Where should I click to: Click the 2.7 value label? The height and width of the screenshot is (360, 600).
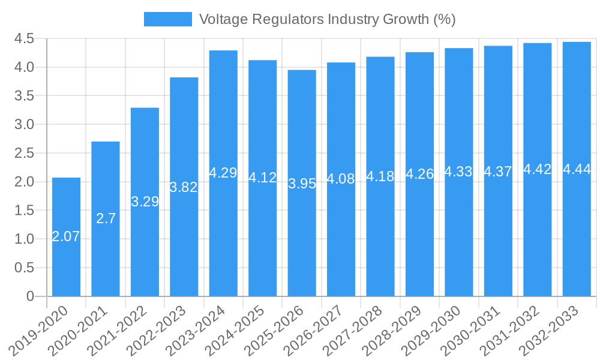click(x=106, y=218)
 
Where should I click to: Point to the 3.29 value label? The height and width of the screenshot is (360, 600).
click(x=145, y=202)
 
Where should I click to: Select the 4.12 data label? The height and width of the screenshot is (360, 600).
click(x=263, y=178)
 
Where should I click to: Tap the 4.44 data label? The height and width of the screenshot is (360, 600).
click(x=577, y=169)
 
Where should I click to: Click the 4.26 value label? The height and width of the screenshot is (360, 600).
click(x=419, y=174)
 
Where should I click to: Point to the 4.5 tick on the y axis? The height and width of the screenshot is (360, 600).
click(x=25, y=39)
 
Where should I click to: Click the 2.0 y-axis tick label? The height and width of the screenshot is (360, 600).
click(x=25, y=182)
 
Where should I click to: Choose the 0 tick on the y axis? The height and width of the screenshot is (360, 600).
click(x=31, y=296)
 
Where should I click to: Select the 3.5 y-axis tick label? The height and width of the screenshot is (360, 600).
click(x=25, y=96)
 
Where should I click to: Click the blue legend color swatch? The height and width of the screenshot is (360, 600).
click(x=167, y=19)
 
